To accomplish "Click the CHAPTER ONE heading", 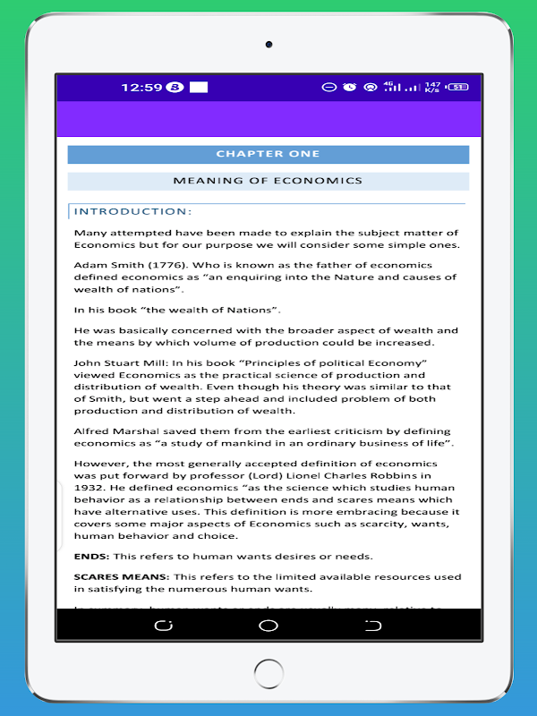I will pos(268,155).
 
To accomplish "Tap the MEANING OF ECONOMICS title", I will pos(268,181).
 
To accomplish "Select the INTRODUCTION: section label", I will pos(132,211).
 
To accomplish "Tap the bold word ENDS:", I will pos(91,556).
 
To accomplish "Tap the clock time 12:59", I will pos(141,87).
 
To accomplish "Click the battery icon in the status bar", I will pos(458,87).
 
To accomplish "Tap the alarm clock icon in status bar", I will pos(349,87).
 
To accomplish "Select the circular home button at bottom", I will pos(268,626).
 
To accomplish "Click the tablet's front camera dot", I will pos(268,44).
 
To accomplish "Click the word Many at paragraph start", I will pos(89,233).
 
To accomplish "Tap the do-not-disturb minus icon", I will pos(328,87).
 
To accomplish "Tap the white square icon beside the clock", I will pos(199,87).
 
